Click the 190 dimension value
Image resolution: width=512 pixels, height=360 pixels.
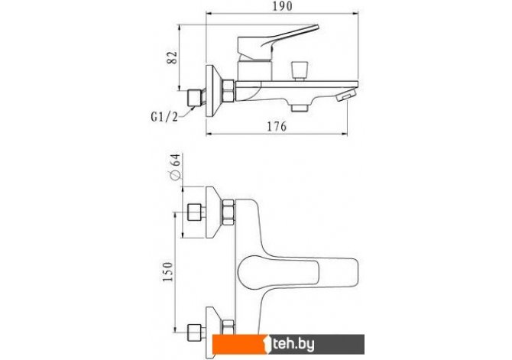(x=283, y=6)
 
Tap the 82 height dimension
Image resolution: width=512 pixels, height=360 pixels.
(x=172, y=58)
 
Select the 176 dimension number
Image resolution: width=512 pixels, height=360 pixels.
(x=277, y=126)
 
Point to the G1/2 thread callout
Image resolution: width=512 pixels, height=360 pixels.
(x=164, y=117)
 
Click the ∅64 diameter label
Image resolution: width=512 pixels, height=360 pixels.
(x=175, y=167)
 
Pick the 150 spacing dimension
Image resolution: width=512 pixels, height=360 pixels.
(x=167, y=272)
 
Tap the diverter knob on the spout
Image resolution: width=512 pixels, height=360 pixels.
(x=299, y=70)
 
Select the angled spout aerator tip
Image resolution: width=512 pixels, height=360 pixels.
(x=346, y=95)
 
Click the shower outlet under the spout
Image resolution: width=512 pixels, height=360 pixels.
(x=300, y=108)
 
